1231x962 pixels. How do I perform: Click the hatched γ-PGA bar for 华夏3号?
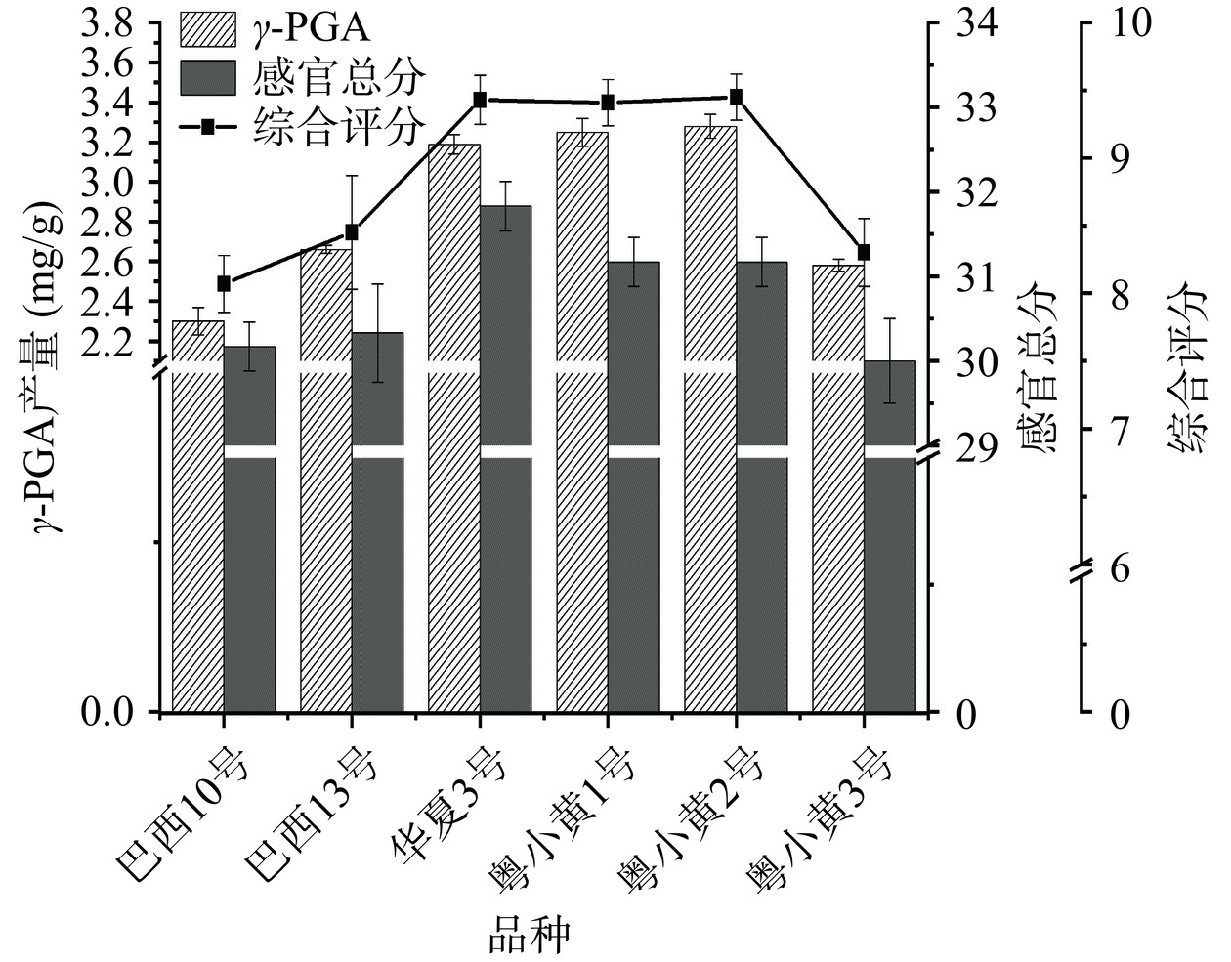pos(453,430)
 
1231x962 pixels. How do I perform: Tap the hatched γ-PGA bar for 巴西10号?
pos(197,518)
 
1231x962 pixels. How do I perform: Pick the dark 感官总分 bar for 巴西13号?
pos(377,527)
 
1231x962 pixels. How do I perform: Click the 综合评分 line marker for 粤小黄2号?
pos(736,97)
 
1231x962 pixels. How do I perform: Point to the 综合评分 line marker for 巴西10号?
pos(224,283)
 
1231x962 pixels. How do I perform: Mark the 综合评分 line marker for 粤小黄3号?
pos(864,252)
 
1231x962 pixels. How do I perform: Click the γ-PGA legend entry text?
pos(313,29)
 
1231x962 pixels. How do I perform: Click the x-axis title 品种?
pos(528,937)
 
